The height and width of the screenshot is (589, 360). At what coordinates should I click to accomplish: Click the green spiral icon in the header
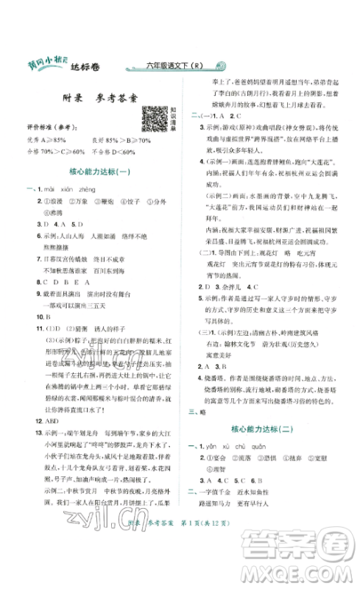point(228,66)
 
